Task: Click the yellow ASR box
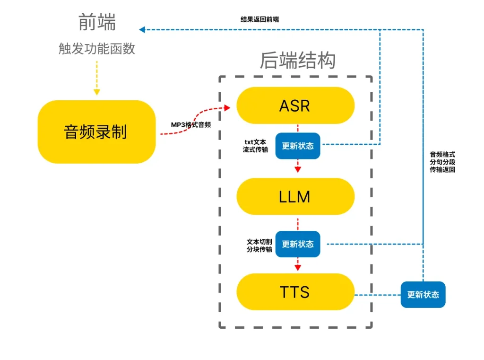click(x=295, y=105)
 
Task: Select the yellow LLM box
click(x=295, y=196)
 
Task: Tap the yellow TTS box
click(x=295, y=292)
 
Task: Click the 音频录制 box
click(x=96, y=132)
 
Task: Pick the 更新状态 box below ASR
click(x=298, y=146)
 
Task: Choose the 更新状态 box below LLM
click(x=298, y=244)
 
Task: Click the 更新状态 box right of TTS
click(x=423, y=295)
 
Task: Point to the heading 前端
click(x=97, y=22)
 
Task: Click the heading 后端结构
click(x=298, y=61)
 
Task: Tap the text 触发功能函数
click(x=97, y=49)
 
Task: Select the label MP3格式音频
click(x=190, y=125)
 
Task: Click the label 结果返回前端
click(x=259, y=19)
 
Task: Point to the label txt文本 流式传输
click(x=255, y=146)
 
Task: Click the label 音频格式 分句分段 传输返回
click(x=442, y=162)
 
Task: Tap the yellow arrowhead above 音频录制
click(x=96, y=92)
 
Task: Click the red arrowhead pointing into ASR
click(x=226, y=108)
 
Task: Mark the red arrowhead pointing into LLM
click(x=298, y=168)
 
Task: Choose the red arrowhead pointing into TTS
click(x=298, y=267)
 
